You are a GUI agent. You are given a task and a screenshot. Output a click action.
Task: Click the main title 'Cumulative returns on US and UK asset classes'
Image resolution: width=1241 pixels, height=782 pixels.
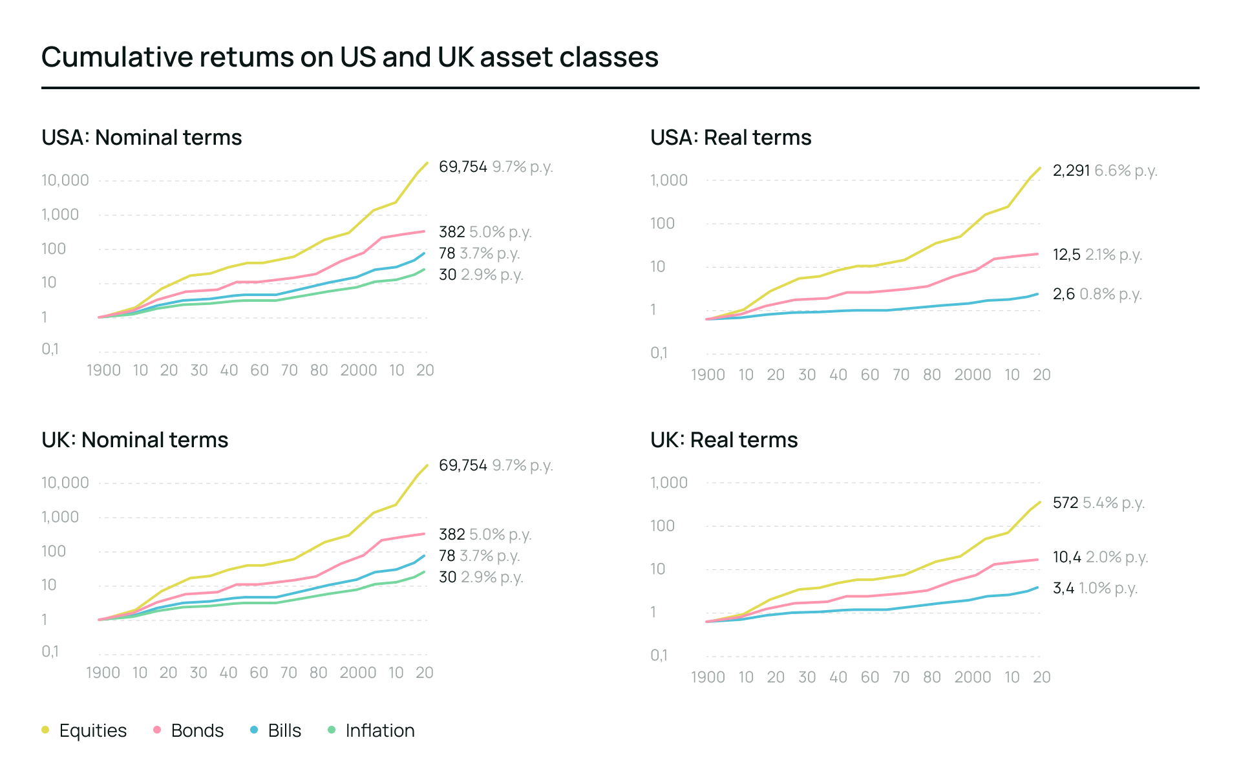click(x=350, y=57)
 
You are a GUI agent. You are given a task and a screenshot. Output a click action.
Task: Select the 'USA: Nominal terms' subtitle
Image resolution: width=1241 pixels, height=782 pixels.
click(x=142, y=138)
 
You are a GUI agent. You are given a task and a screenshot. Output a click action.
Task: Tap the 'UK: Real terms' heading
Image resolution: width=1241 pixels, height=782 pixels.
click(x=724, y=440)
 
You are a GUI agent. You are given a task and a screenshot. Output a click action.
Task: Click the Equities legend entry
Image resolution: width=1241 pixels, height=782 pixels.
click(x=92, y=730)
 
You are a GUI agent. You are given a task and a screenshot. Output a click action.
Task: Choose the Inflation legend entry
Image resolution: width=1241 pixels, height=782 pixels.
click(x=379, y=730)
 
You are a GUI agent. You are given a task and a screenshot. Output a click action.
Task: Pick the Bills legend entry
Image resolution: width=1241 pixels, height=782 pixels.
click(x=284, y=730)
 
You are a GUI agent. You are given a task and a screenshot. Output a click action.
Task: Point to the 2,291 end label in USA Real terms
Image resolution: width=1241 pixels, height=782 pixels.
click(x=1071, y=171)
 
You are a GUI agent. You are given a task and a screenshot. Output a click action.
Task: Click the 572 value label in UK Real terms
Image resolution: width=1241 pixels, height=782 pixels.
click(x=1065, y=503)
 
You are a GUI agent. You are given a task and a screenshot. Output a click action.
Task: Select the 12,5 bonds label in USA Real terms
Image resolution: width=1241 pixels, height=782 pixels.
click(x=1066, y=255)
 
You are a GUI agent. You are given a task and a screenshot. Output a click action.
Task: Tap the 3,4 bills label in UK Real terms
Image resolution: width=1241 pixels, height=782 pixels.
click(x=1063, y=588)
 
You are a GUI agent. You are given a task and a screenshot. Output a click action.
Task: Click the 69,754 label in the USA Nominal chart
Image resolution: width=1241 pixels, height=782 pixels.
click(x=463, y=167)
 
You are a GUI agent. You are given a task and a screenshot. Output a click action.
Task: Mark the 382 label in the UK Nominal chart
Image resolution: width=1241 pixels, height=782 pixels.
click(x=452, y=534)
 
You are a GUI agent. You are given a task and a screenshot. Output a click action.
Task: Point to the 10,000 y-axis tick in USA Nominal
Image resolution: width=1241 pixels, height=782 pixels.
click(x=65, y=180)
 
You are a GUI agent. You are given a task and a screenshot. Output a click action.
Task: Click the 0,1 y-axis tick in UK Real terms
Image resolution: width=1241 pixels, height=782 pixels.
click(x=659, y=655)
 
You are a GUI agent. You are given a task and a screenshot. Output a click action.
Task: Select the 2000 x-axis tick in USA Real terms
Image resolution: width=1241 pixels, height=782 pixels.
click(x=972, y=375)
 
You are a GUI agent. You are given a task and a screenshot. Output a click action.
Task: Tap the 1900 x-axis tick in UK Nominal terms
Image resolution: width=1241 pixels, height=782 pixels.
click(x=103, y=673)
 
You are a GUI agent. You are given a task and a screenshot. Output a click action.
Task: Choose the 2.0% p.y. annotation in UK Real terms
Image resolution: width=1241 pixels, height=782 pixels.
click(x=1117, y=557)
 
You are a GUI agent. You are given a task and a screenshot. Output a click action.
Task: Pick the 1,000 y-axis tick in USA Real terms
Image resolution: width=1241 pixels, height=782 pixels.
click(x=669, y=180)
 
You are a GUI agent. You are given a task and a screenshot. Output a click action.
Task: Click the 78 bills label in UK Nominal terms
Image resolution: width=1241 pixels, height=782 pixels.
click(x=447, y=556)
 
